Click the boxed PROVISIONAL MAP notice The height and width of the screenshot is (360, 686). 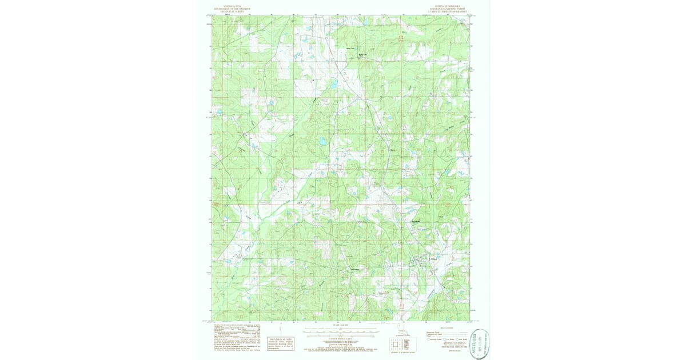click(281, 342)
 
